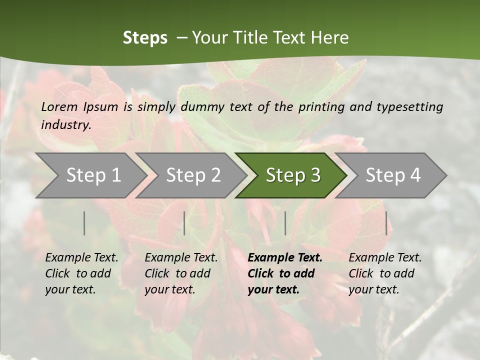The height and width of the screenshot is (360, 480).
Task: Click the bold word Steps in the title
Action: click(145, 38)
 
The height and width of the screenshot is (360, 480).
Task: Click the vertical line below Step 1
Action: click(84, 223)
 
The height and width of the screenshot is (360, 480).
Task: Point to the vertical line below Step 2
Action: click(184, 223)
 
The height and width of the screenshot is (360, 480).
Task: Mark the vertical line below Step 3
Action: click(285, 223)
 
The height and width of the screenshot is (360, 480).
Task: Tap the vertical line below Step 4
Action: click(386, 223)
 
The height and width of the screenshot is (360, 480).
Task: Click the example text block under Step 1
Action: click(81, 273)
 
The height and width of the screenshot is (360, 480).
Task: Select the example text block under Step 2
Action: click(181, 273)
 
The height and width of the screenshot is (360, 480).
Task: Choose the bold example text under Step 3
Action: click(285, 273)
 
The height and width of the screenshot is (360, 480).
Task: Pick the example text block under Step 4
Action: click(385, 273)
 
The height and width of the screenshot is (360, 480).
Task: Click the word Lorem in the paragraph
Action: click(59, 106)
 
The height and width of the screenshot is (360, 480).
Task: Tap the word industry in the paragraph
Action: click(66, 125)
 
